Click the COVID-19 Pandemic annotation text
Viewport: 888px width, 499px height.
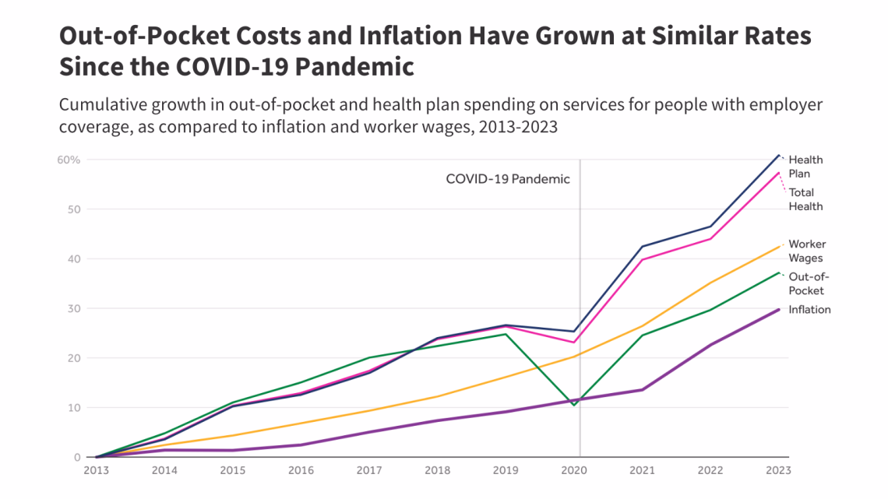click(x=508, y=179)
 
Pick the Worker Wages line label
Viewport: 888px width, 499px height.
click(x=806, y=251)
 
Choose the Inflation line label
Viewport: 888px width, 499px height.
click(x=809, y=310)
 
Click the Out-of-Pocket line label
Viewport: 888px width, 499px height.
click(x=806, y=283)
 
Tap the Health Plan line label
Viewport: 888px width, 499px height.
click(x=805, y=167)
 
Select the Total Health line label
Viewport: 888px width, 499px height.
click(x=805, y=199)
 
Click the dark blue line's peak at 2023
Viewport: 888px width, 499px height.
click(x=778, y=155)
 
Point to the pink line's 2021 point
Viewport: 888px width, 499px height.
click(x=642, y=260)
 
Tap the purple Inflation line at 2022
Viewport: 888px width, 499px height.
click(x=710, y=344)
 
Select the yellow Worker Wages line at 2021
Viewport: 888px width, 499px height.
click(x=642, y=326)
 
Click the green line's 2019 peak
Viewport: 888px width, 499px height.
click(x=505, y=334)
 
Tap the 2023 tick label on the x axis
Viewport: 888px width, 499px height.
click(x=777, y=470)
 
